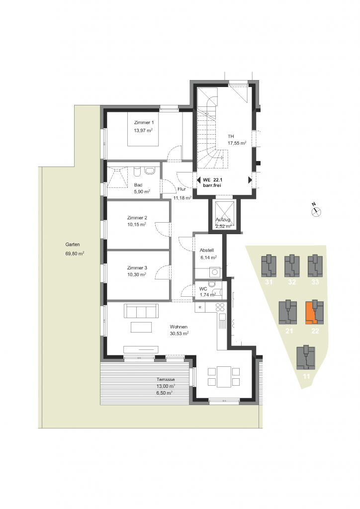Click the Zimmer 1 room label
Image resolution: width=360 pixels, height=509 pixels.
click(144, 123)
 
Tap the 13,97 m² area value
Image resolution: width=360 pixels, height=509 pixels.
click(143, 131)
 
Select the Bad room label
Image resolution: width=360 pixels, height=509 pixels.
click(138, 185)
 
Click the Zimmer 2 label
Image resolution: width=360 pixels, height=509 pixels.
click(137, 218)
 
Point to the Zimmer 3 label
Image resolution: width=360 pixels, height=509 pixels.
click(137, 268)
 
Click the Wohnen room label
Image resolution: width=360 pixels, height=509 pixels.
click(179, 327)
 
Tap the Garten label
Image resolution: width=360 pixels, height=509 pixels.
click(73, 245)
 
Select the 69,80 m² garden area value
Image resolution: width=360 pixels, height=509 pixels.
click(75, 254)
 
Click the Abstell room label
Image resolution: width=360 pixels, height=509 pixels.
click(207, 251)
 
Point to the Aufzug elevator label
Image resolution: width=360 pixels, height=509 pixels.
click(223, 220)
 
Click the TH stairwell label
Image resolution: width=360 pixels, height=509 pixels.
click(231, 136)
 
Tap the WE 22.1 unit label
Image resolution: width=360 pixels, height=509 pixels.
click(213, 180)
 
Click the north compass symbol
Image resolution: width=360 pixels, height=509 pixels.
click(316, 212)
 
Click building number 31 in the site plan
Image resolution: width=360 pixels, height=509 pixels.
click(269, 282)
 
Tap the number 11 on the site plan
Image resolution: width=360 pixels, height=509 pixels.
click(306, 377)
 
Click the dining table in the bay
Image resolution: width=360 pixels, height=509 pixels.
click(224, 377)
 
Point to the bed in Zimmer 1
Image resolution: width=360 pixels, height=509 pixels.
click(143, 129)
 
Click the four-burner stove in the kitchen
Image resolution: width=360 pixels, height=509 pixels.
click(220, 307)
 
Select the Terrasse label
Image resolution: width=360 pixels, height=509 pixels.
click(166, 379)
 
